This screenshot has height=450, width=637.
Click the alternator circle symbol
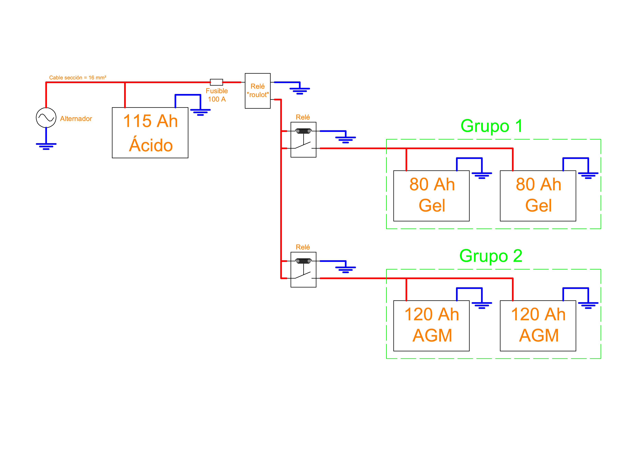(x=46, y=118)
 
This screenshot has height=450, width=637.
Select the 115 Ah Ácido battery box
(x=150, y=133)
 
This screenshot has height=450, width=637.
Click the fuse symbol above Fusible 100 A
(x=216, y=82)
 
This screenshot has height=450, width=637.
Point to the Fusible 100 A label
(x=217, y=95)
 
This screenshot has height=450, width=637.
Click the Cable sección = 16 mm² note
(x=78, y=78)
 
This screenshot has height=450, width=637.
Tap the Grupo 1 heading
(x=492, y=126)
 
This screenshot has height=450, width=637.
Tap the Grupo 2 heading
(x=491, y=256)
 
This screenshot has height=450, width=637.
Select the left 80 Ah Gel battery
(x=431, y=196)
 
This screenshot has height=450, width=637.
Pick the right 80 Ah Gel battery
(x=538, y=196)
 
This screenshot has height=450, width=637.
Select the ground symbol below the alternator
(x=46, y=146)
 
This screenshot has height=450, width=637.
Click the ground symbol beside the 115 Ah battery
(x=200, y=112)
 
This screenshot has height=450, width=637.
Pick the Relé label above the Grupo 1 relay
(x=303, y=117)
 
